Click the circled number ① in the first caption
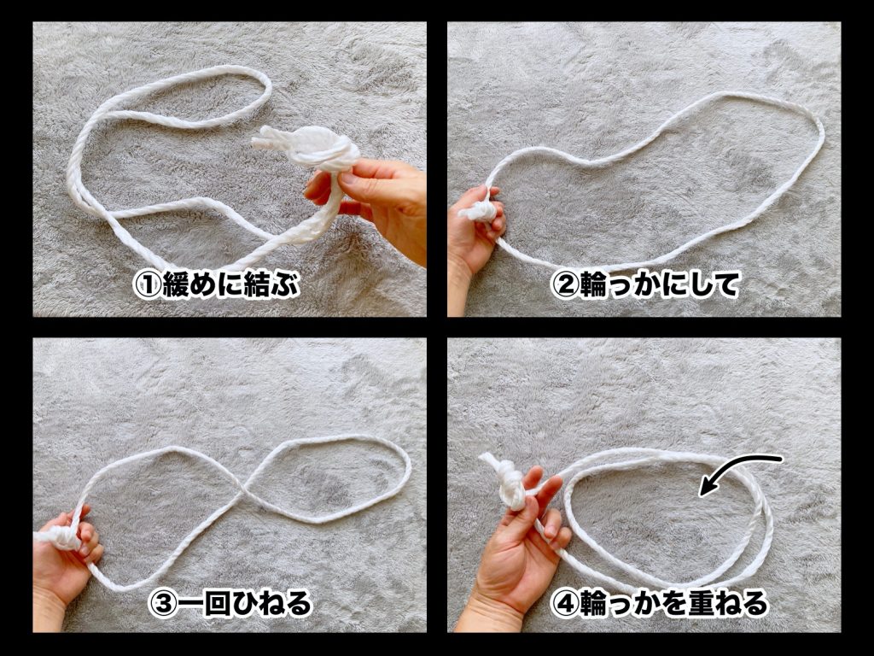[x=147, y=285]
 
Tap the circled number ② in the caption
[x=565, y=285]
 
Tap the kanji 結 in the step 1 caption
[x=258, y=285]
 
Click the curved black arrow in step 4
[x=735, y=467]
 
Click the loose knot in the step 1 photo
[x=312, y=146]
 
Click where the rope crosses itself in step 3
[x=244, y=491]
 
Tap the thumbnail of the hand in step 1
[x=348, y=179]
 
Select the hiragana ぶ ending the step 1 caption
[x=285, y=285]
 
